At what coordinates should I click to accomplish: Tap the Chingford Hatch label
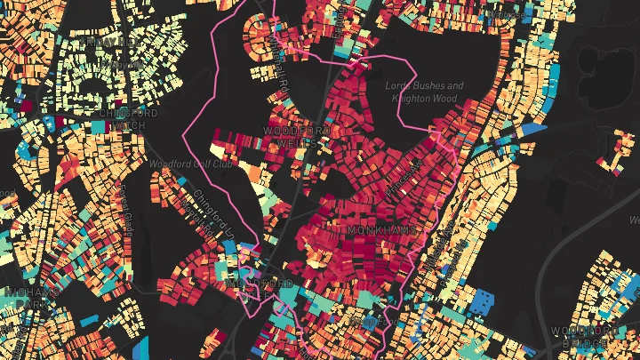point(129,119)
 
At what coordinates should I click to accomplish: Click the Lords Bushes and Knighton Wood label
point(425,92)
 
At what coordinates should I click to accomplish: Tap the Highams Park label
point(28,297)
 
